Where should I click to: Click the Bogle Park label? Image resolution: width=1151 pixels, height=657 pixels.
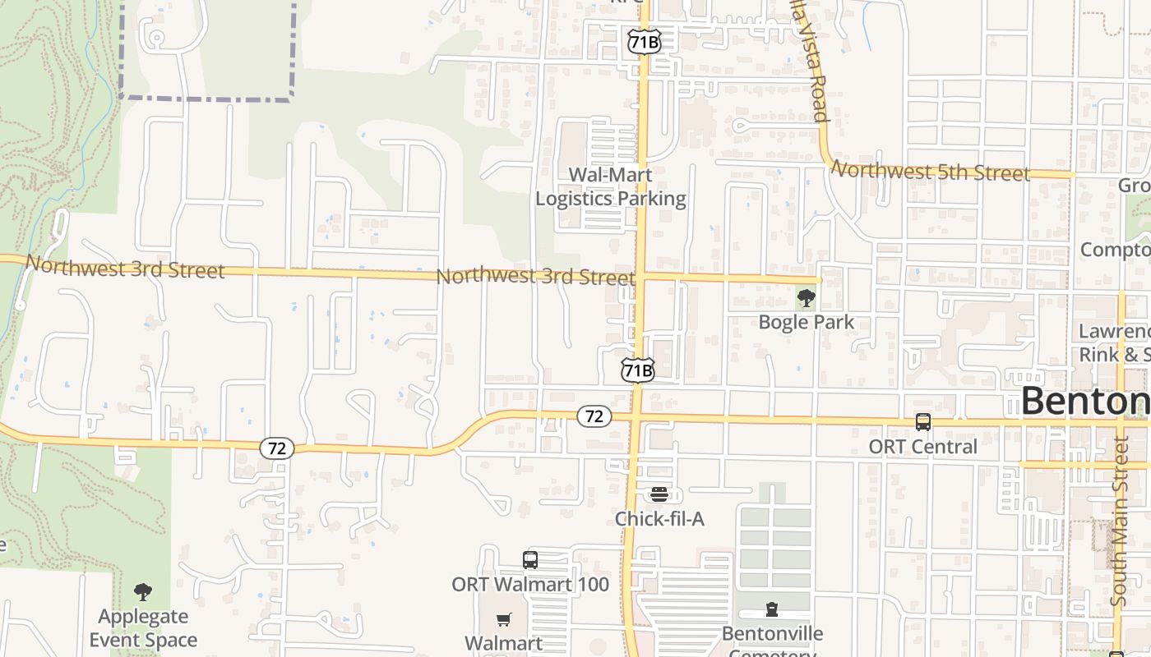(807, 322)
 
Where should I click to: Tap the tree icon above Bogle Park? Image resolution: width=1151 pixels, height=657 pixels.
(807, 298)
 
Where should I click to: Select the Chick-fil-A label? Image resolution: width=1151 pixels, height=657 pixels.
(659, 519)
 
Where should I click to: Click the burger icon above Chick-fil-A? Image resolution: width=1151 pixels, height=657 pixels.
(659, 494)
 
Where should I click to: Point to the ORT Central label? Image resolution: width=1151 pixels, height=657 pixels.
(923, 447)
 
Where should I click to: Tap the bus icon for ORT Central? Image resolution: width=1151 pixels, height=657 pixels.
(923, 422)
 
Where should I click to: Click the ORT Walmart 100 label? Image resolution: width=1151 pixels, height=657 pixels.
(530, 585)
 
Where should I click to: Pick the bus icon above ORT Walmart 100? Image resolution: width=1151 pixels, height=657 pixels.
(530, 560)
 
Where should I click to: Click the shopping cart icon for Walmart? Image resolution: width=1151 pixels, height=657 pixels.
(503, 619)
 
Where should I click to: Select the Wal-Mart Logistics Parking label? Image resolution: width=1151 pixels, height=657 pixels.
(611, 186)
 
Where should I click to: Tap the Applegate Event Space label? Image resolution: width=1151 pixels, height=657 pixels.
(143, 628)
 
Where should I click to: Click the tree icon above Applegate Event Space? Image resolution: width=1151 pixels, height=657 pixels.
(143, 591)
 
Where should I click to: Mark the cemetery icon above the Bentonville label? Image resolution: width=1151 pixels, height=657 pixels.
(772, 609)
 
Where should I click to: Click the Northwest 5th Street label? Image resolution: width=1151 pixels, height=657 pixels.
(931, 172)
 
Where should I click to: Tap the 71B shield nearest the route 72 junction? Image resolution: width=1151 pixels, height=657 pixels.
(638, 370)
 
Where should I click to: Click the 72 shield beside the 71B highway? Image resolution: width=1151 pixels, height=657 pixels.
(594, 416)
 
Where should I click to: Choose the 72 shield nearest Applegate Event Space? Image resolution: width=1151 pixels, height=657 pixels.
(277, 448)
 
